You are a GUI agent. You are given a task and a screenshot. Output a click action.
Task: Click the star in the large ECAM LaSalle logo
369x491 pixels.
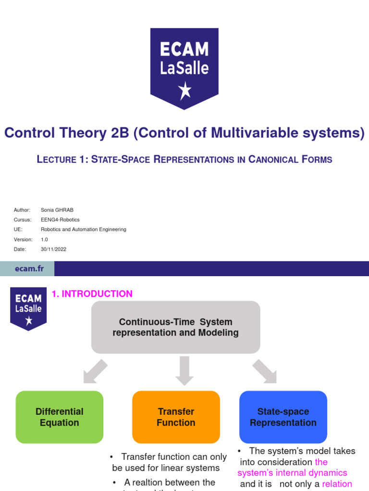coord(184,91)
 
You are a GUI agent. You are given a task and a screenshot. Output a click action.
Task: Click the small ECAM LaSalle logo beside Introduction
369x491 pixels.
coord(29,309)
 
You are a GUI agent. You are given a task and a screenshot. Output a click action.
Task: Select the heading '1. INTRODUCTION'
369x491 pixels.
coord(92,294)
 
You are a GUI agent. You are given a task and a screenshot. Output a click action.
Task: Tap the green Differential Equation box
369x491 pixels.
coord(60,417)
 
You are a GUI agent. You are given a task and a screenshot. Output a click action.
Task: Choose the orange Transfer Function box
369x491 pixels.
coord(176,417)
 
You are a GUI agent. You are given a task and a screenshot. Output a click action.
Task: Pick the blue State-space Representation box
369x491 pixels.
coord(283,417)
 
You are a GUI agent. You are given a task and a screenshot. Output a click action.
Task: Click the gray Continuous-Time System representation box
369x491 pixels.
coord(175,327)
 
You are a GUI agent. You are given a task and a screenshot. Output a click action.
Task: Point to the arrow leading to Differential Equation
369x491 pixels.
coord(95,371)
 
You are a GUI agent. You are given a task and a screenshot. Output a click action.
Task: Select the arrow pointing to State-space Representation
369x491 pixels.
coord(264,371)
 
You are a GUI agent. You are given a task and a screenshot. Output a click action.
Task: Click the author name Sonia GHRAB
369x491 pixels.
coord(57,210)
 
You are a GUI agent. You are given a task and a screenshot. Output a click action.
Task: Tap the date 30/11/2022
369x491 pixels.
coord(54,249)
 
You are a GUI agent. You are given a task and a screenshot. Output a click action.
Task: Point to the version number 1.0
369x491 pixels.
coord(45,239)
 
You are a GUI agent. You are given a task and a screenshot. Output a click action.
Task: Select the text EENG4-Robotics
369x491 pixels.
coord(60,220)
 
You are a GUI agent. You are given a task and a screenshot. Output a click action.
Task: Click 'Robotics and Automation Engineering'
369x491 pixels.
coord(84,229)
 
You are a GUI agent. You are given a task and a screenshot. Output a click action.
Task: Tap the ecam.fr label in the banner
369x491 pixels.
coord(29,269)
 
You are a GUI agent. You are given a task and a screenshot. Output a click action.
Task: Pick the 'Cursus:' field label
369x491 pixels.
coord(23,220)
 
